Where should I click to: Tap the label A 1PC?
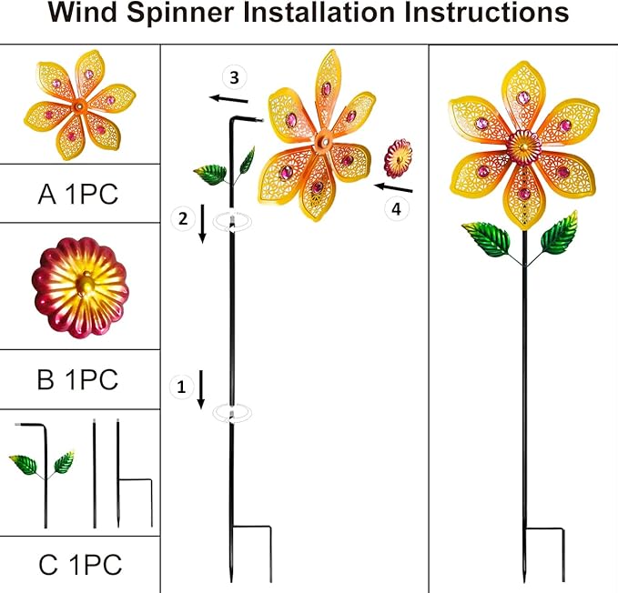click(x=78, y=194)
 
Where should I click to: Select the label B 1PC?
click(x=78, y=379)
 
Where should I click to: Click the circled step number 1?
click(x=181, y=387)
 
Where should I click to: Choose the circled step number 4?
click(x=395, y=208)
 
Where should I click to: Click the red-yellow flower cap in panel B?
click(x=80, y=287)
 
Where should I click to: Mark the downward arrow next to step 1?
click(x=201, y=389)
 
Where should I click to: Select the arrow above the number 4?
click(x=393, y=187)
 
